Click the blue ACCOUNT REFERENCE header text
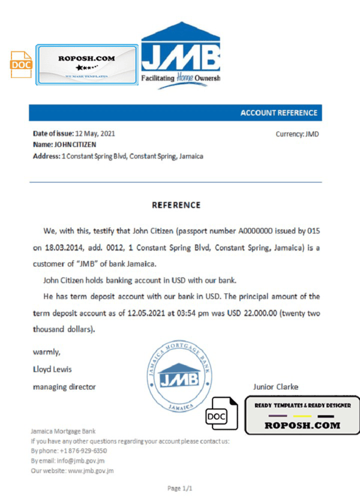pyautogui.click(x=278, y=113)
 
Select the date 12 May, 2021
pyautogui.click(x=94, y=134)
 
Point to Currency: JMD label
pyautogui.click(x=297, y=134)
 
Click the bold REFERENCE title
pyautogui.click(x=176, y=205)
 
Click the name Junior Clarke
pyautogui.click(x=275, y=387)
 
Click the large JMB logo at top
pyautogui.click(x=180, y=55)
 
